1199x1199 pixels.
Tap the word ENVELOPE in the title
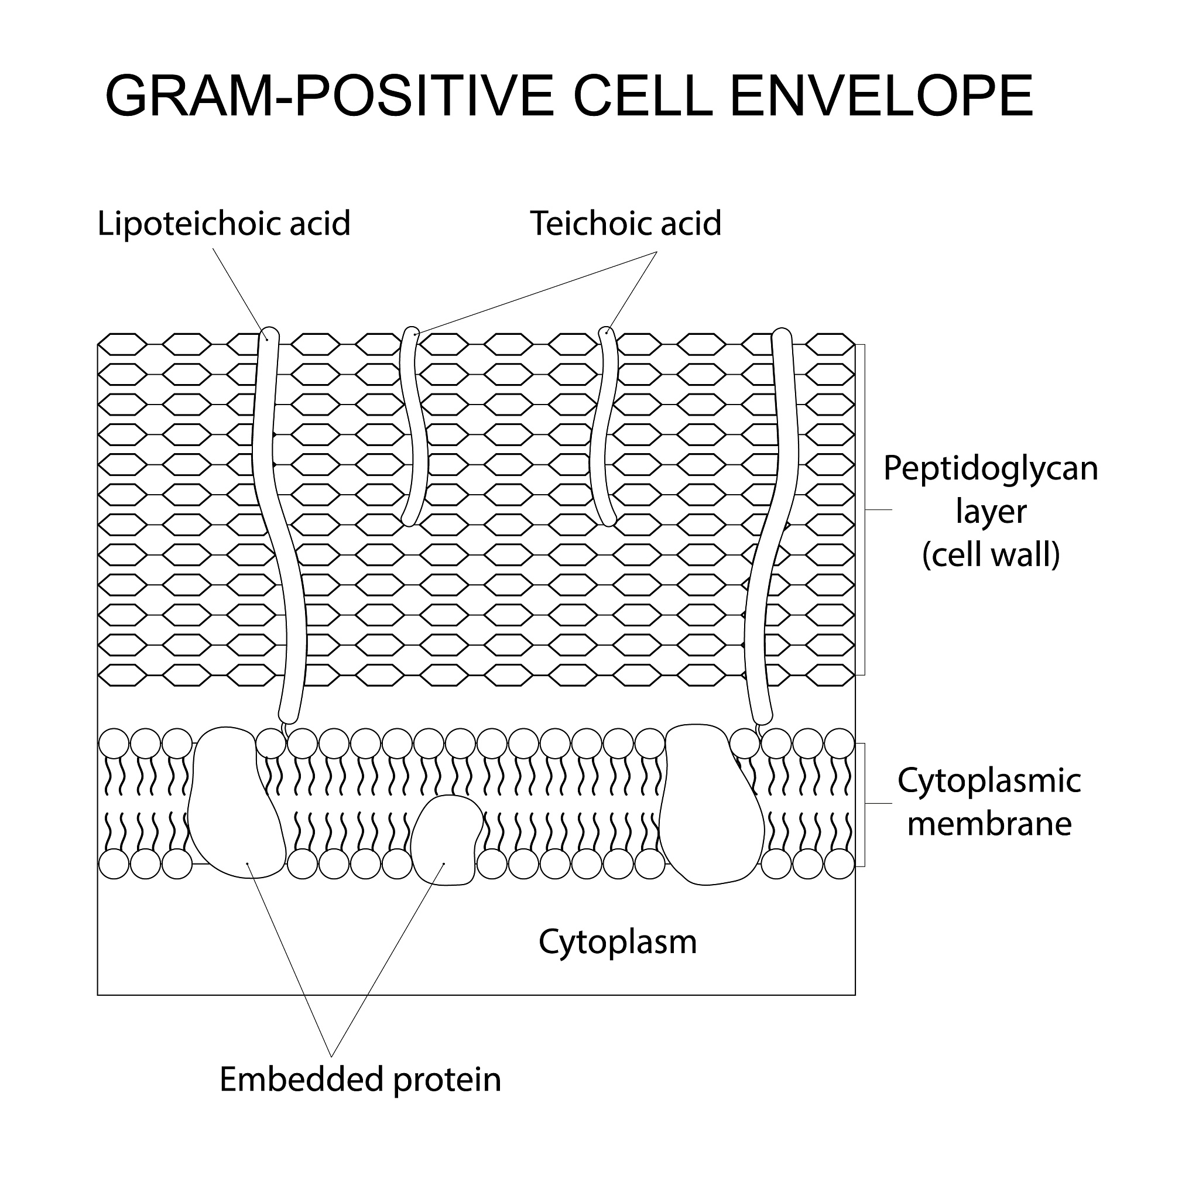click(882, 96)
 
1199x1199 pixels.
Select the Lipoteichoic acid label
click(224, 224)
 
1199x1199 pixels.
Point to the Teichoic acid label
click(626, 224)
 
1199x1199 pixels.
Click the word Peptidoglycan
click(991, 469)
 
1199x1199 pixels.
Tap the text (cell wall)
click(991, 554)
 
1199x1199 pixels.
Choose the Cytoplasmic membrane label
click(989, 803)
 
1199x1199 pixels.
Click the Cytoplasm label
click(618, 943)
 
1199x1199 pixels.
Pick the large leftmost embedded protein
click(237, 804)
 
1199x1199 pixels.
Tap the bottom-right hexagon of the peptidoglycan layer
click(830, 675)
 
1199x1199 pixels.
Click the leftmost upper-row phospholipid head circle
click(114, 743)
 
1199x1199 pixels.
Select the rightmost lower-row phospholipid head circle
click(840, 864)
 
